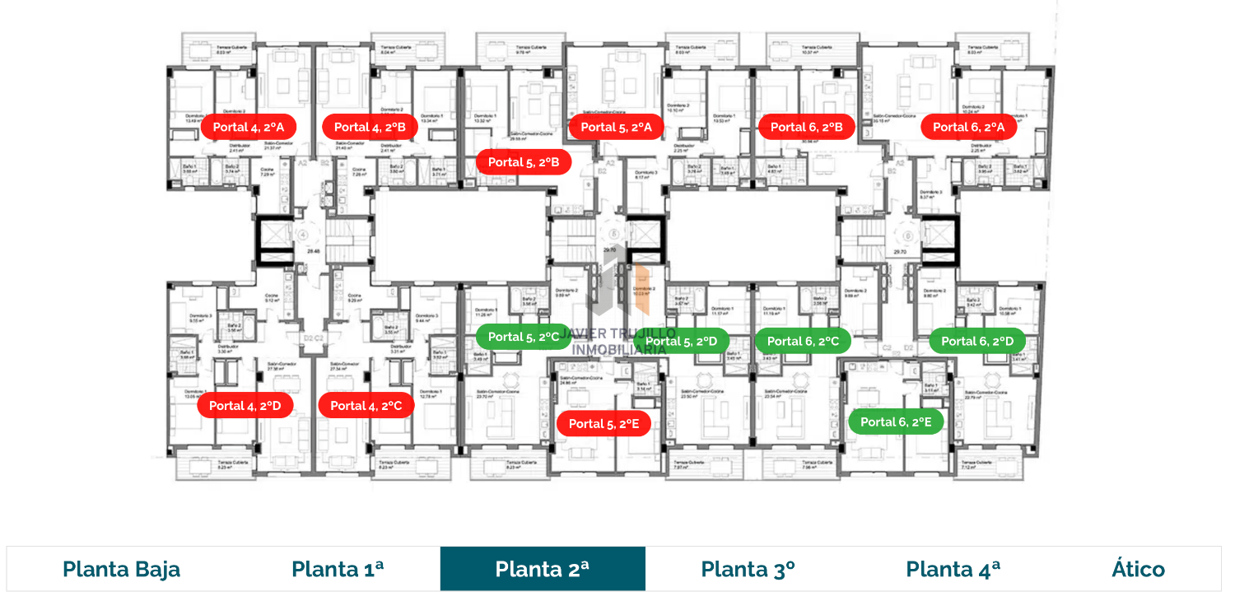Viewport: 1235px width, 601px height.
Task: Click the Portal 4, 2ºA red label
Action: pos(248,127)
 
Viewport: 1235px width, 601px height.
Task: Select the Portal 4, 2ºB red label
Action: pos(370,127)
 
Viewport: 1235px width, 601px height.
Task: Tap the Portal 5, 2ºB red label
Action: pos(524,162)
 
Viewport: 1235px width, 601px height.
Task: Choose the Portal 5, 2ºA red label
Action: pos(616,127)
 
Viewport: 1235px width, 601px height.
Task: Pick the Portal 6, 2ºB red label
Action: pos(806,127)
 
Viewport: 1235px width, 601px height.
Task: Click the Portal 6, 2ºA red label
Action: pos(968,127)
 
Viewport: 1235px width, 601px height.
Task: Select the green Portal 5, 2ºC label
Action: pos(524,337)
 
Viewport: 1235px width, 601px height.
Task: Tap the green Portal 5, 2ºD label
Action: pos(681,341)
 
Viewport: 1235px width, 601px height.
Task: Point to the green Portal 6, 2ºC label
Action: pos(803,341)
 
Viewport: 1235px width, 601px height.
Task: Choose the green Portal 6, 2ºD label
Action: pos(977,341)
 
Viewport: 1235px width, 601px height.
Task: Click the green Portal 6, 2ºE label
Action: pos(896,422)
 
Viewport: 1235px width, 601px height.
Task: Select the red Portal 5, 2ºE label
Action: pos(604,423)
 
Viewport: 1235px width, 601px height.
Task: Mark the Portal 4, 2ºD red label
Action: pos(245,405)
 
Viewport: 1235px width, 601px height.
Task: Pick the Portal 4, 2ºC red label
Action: pos(366,405)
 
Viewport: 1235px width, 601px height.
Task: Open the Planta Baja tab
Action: pos(121,569)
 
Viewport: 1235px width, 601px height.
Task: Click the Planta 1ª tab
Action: pos(338,569)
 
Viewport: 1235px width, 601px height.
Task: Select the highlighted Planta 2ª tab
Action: pos(543,569)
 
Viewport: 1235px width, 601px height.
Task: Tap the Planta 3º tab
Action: pos(748,569)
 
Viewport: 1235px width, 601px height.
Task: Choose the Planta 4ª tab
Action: pos(953,569)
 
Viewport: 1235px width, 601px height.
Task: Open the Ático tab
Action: pos(1138,569)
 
